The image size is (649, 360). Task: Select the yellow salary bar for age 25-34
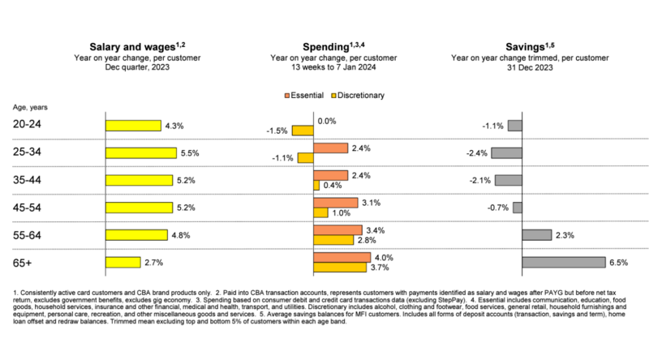click(141, 152)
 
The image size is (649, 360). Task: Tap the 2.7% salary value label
click(154, 262)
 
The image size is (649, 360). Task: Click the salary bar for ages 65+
click(122, 262)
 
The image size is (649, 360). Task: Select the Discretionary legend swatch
click(335, 96)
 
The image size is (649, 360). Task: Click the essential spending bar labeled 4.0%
click(342, 257)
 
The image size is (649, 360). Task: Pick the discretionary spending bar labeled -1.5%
click(303, 130)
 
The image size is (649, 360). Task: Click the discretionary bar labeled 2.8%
click(333, 240)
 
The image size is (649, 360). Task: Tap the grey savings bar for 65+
click(563, 262)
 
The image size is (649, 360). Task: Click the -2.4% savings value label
click(477, 152)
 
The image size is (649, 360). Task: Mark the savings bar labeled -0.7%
click(518, 208)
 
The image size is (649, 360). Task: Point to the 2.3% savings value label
click(565, 235)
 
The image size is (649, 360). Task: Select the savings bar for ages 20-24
click(514, 125)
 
